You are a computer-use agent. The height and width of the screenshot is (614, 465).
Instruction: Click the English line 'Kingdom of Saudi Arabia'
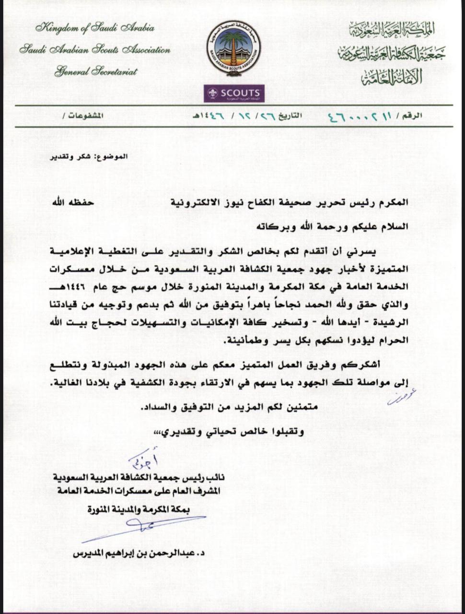click(94, 28)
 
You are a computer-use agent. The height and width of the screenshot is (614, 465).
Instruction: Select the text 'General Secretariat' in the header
click(95, 72)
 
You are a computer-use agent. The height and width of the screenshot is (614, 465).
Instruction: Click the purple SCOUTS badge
click(233, 94)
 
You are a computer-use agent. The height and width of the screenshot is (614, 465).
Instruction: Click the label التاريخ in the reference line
click(291, 116)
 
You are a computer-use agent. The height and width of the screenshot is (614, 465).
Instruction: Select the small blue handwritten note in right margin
click(401, 396)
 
